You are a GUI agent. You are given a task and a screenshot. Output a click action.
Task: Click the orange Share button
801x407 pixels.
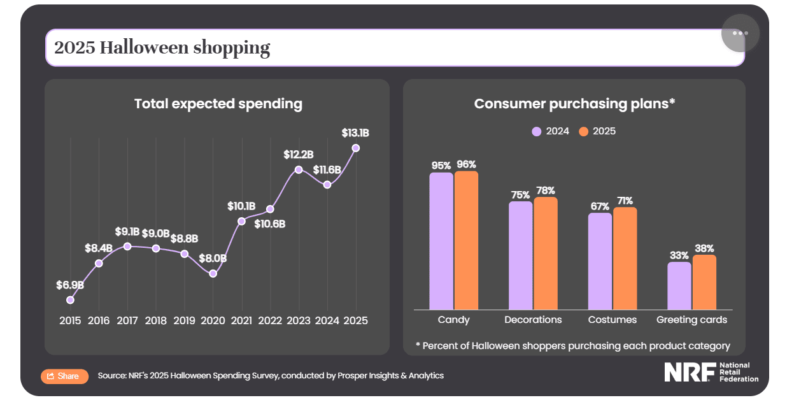[x=64, y=376]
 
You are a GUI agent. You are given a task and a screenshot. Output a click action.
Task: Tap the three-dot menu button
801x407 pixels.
[x=740, y=33]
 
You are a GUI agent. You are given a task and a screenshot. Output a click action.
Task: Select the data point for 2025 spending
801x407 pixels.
[x=356, y=148]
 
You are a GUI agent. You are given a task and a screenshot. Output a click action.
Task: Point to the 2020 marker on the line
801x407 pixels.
[x=213, y=274]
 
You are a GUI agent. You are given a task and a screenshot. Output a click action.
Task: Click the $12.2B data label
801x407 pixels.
[x=299, y=155]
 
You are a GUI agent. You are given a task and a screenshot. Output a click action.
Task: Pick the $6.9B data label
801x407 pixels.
[x=69, y=285]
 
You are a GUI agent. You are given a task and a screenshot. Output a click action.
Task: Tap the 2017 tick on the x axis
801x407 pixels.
[x=127, y=320]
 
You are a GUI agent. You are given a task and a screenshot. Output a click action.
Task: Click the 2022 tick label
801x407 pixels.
[x=270, y=320]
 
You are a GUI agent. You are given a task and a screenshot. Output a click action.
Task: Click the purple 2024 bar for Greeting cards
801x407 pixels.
[x=679, y=286]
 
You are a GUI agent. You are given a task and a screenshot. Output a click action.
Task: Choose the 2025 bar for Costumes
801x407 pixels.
[x=625, y=259]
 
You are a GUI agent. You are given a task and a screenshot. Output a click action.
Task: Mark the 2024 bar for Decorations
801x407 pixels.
[x=520, y=255]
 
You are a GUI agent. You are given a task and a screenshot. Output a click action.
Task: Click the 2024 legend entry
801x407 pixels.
[x=551, y=132]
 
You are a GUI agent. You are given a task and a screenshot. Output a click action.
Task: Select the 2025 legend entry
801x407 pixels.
[x=597, y=132]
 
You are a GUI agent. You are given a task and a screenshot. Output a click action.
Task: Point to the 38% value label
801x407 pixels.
[x=704, y=248]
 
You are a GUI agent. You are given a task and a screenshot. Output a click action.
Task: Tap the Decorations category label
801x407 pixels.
[x=533, y=320]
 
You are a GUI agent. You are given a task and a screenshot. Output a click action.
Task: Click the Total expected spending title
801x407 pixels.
[x=218, y=104]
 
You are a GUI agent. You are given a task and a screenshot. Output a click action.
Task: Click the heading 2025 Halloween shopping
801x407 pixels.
[x=162, y=48]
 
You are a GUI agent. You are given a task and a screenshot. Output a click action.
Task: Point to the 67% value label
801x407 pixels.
[x=600, y=206]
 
